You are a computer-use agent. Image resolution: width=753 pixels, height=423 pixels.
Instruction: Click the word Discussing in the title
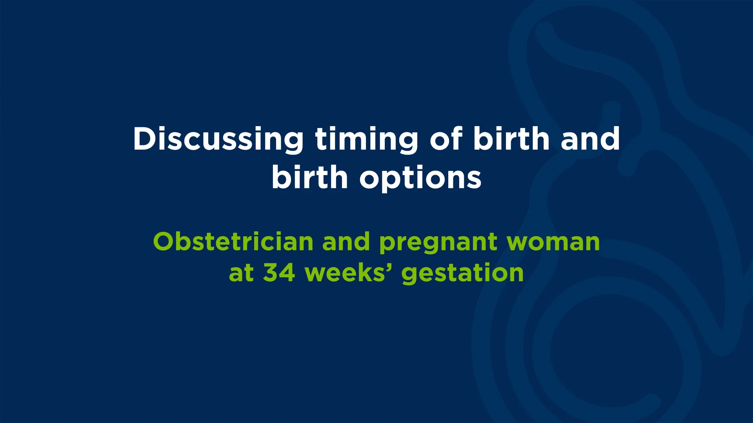click(x=218, y=139)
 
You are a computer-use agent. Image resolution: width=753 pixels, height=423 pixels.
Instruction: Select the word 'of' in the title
click(x=446, y=139)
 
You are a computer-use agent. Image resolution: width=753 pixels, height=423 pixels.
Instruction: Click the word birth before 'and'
click(x=511, y=139)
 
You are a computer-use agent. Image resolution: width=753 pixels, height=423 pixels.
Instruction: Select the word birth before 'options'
click(x=310, y=177)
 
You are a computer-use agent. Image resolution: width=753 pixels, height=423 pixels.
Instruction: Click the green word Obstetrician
click(x=233, y=242)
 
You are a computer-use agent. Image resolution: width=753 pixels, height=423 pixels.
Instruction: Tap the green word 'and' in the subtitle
click(x=346, y=242)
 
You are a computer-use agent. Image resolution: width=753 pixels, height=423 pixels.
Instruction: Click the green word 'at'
click(x=242, y=273)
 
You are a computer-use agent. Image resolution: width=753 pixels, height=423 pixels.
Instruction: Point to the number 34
click(x=279, y=273)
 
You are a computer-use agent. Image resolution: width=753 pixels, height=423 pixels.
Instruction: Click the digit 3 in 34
click(x=271, y=273)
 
